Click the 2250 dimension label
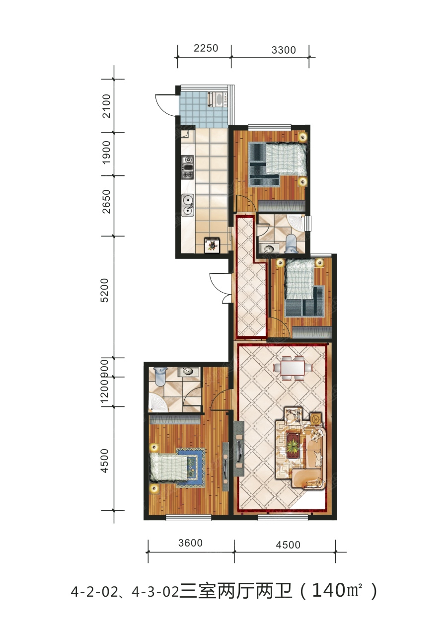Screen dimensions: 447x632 pos(206,48)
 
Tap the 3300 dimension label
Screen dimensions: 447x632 pos(284,50)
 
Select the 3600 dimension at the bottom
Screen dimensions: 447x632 pos(190,543)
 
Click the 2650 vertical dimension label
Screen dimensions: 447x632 pos(106,201)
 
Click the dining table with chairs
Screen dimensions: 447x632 pos(293,368)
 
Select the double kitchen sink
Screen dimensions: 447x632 pos(188,205)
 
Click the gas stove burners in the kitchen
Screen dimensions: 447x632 pos(187,167)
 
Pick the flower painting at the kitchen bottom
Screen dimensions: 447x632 pos(213,245)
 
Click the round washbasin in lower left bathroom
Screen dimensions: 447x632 pos(188,371)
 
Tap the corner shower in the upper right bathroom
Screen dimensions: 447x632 pos(297,224)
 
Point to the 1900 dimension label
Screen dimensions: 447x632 pos(106,153)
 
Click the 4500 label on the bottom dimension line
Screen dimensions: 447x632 pos(288,545)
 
